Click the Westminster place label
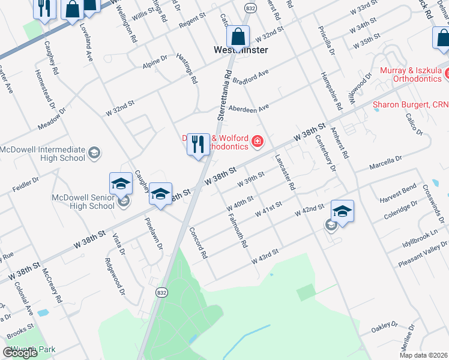[x=241, y=50]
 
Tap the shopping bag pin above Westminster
[x=239, y=37]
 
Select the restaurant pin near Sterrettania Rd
[x=198, y=145]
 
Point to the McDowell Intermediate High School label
[x=43, y=154]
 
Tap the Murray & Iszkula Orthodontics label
[x=414, y=74]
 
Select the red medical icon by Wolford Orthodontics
[x=258, y=142]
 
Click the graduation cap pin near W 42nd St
[x=342, y=211]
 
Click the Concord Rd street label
[x=198, y=242]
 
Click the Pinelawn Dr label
[x=154, y=233]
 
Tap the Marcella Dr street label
[x=386, y=162]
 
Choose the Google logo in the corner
[x=20, y=353]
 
